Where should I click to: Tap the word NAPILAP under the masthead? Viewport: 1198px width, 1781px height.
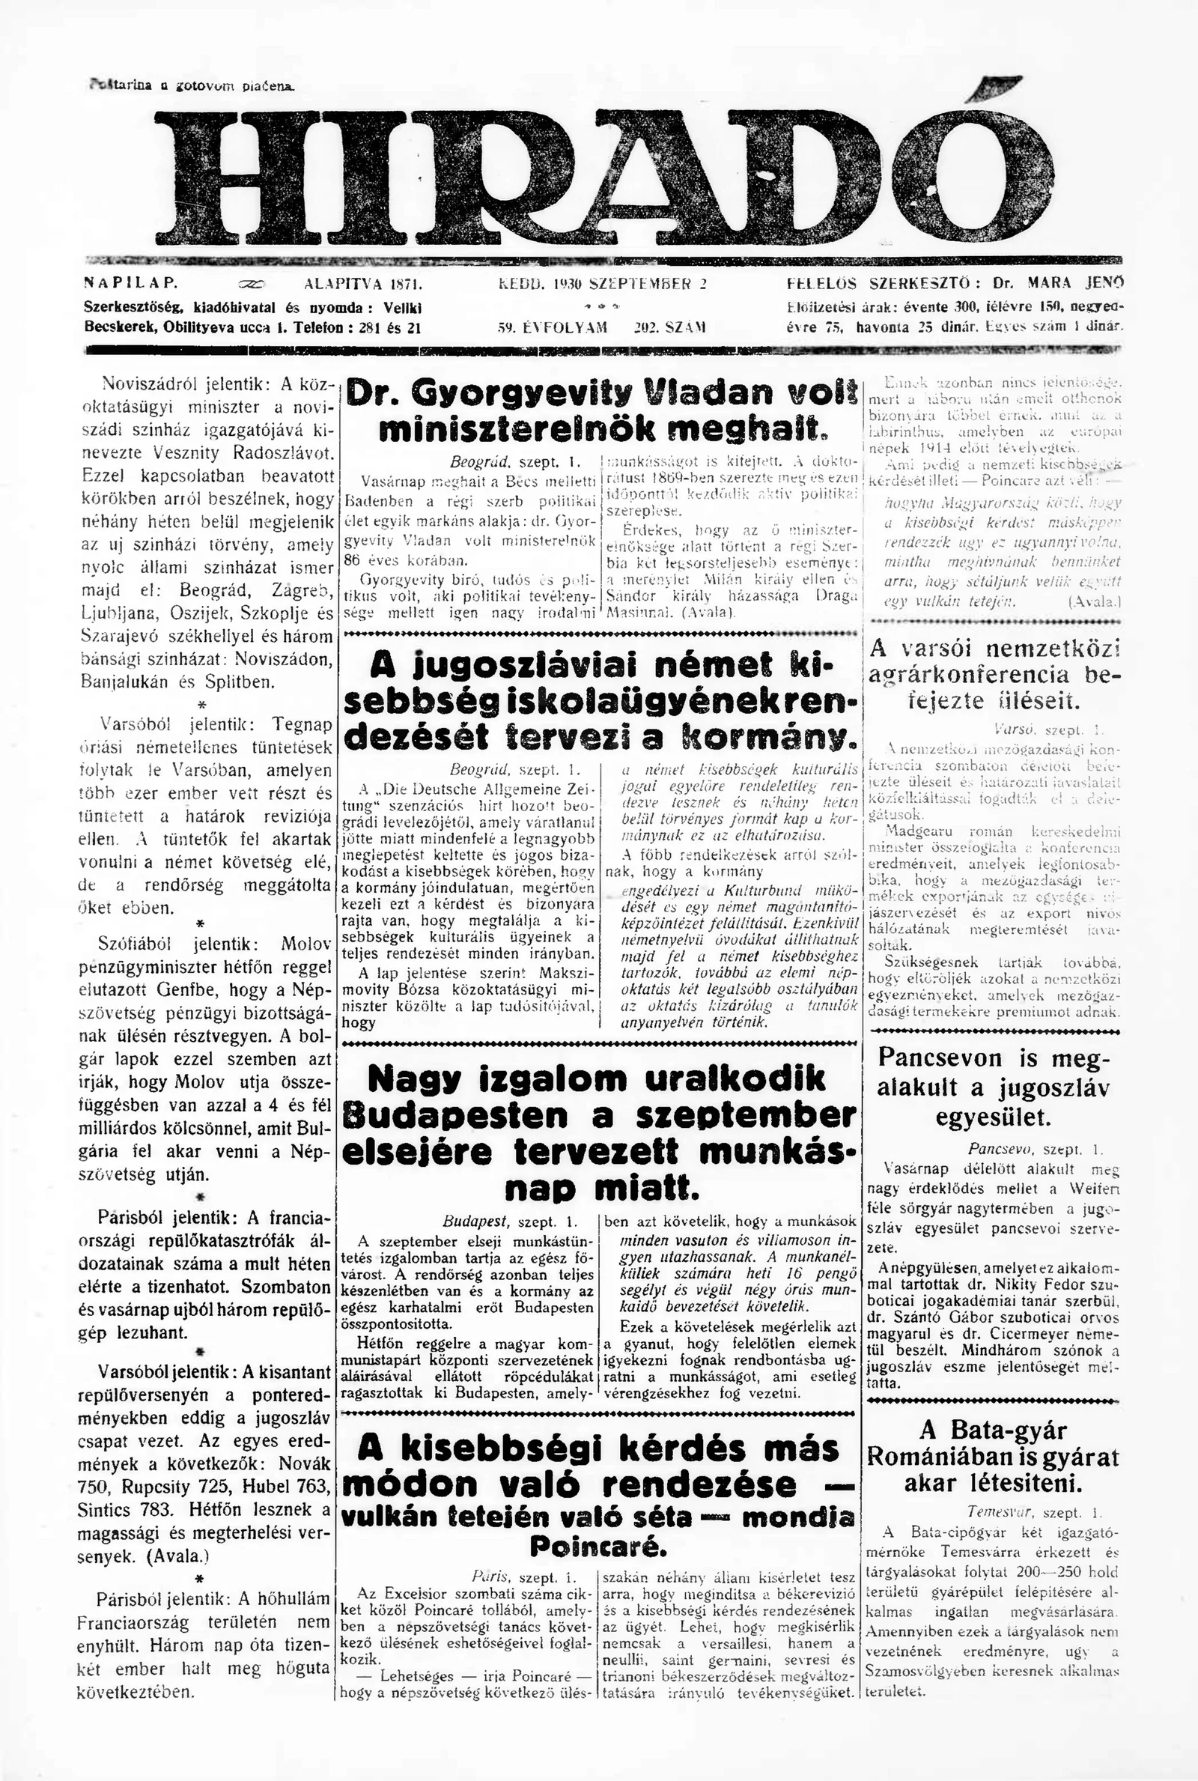[130, 282]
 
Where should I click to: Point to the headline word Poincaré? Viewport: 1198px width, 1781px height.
[599, 1526]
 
